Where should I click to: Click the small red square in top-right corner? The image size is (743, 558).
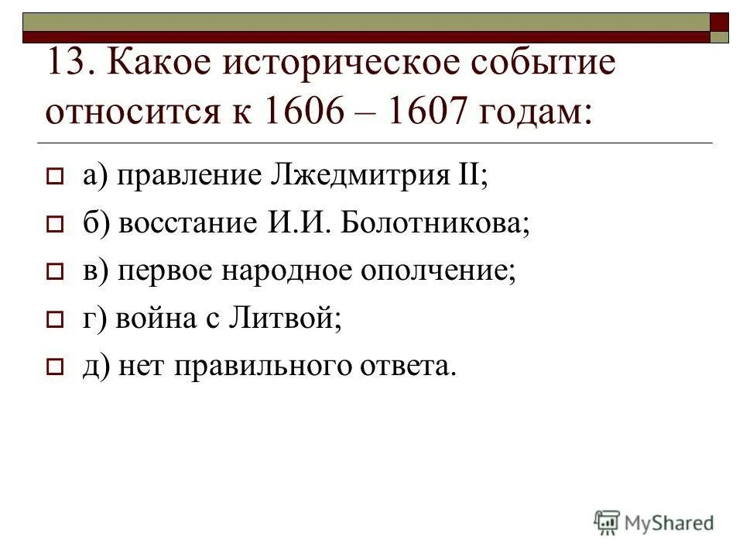click(720, 21)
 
